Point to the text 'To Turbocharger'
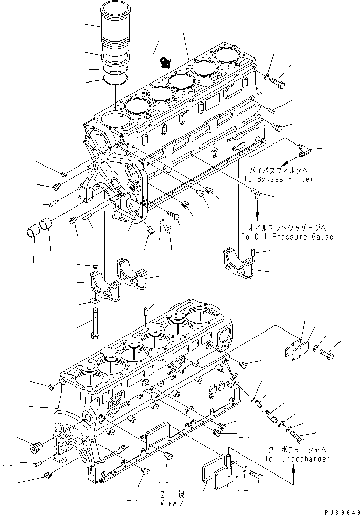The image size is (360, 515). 297,459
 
